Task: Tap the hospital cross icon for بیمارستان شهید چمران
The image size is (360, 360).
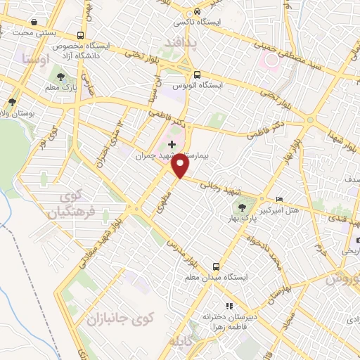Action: point(172,144)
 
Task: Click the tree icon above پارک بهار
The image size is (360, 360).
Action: point(243,207)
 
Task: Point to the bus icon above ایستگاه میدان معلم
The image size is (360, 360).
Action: point(217,266)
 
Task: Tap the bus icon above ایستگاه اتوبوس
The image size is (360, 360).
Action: point(197,74)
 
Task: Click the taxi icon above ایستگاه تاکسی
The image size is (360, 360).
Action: point(199,12)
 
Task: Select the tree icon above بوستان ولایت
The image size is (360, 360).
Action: point(11,102)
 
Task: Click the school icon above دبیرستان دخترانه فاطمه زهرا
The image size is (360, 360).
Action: point(229,306)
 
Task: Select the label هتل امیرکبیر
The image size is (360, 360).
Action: point(285,210)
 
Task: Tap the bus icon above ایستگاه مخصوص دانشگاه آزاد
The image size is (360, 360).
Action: point(82,35)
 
